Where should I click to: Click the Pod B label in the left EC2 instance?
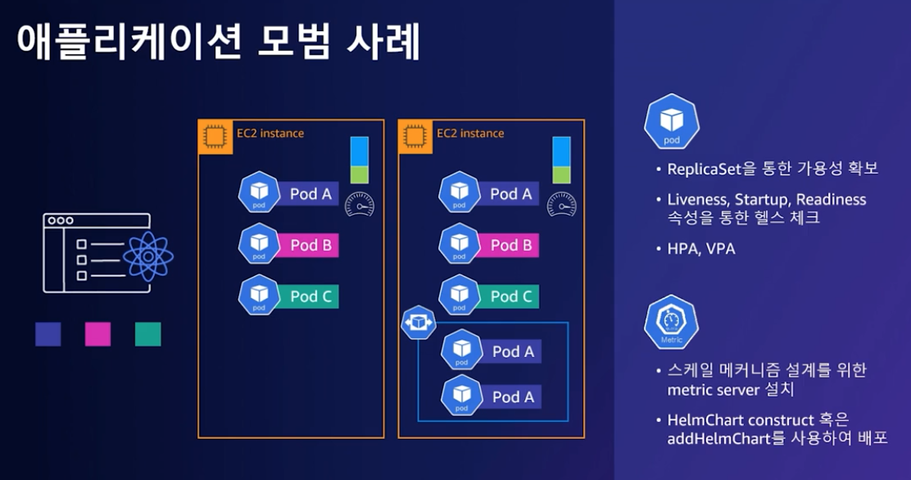[310, 245]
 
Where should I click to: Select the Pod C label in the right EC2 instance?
[510, 297]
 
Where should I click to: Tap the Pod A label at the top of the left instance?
[310, 194]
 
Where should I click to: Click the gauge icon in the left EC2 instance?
[359, 203]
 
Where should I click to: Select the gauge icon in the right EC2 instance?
[560, 203]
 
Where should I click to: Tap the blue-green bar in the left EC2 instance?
[360, 160]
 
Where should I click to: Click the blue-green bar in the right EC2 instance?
[561, 160]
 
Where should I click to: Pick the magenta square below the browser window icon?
[97, 334]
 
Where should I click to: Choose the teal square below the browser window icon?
[148, 334]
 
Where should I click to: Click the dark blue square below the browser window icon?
[48, 334]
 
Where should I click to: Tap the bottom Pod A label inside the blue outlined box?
[513, 397]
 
